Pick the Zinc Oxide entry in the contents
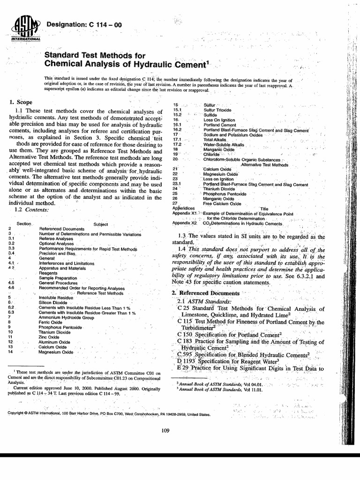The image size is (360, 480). point(49,337)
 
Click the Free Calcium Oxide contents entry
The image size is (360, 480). point(222,204)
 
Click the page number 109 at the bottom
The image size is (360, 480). point(164,431)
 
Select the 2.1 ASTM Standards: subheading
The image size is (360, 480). point(204,301)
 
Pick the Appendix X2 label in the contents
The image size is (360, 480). point(184,223)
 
